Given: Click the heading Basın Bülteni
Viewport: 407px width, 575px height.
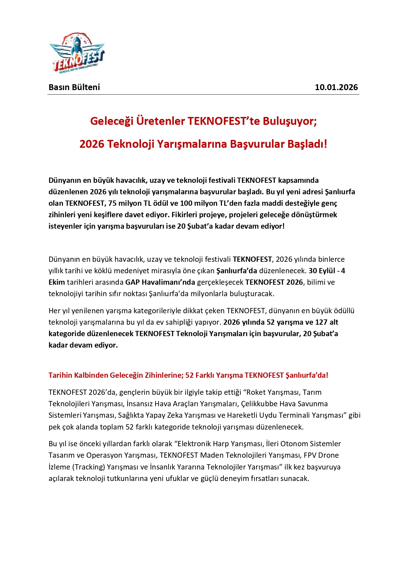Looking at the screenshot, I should [x=74, y=87].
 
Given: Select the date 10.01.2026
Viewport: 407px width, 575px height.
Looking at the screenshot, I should [x=336, y=87].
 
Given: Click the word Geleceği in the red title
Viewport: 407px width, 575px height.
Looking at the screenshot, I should [x=112, y=121].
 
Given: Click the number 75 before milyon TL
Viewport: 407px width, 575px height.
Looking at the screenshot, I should [x=112, y=203].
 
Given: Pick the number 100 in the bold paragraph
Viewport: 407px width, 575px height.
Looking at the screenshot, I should [x=186, y=203].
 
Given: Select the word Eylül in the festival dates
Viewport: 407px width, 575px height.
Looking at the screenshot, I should [x=327, y=271].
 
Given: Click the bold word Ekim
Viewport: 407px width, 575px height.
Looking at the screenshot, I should [x=57, y=282].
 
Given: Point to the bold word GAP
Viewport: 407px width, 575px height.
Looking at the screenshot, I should [x=132, y=282].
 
